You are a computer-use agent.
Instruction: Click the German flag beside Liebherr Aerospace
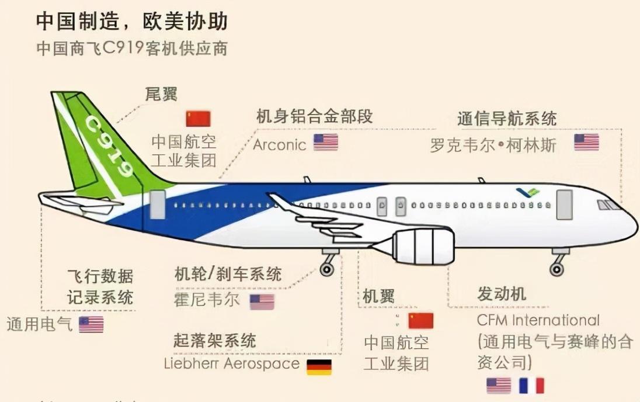(319, 366)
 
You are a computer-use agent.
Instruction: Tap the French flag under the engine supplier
(531, 386)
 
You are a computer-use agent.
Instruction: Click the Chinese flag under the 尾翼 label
(199, 119)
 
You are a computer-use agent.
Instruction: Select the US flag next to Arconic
(326, 142)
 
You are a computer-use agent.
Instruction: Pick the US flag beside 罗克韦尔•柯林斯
(586, 142)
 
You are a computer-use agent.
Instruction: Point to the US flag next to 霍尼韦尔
(262, 302)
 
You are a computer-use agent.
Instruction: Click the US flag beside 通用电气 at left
(91, 324)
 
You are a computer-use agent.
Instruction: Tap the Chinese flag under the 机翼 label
(421, 321)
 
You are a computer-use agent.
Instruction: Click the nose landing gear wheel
(556, 269)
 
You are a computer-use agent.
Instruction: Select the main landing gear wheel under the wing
(326, 269)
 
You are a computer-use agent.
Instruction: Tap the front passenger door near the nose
(565, 205)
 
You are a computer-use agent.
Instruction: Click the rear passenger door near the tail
(157, 205)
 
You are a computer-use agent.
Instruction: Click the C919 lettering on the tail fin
(109, 147)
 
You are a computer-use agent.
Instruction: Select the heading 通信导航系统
(507, 119)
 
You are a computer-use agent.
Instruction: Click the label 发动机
(502, 294)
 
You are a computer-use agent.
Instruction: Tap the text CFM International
(538, 320)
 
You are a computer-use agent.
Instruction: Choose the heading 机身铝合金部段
(315, 116)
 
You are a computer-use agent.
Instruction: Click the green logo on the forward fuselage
(528, 192)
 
